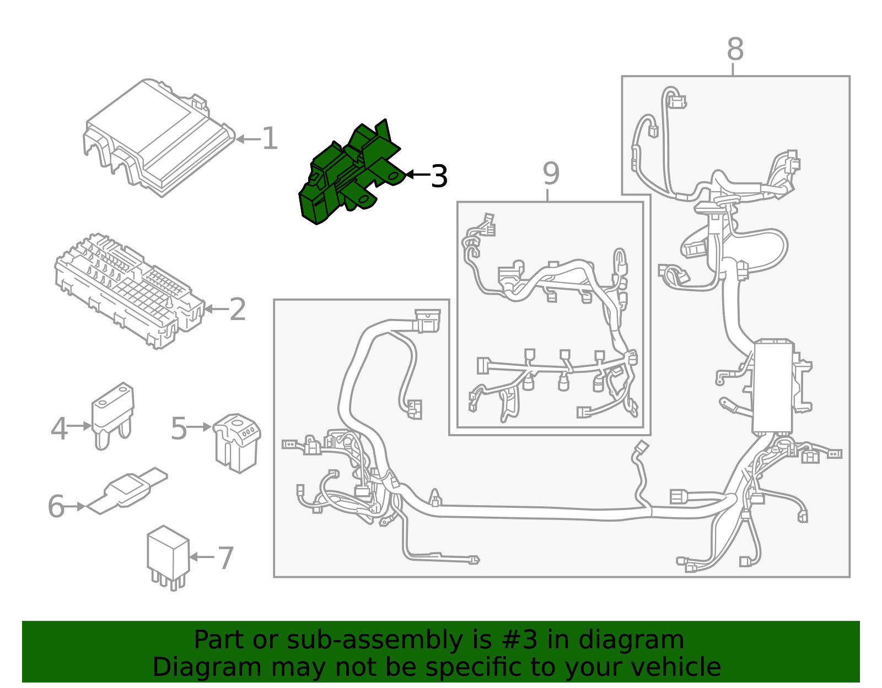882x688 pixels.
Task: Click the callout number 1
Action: (x=269, y=139)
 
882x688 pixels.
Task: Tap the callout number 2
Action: (x=238, y=310)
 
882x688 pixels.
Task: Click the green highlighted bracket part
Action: (x=347, y=174)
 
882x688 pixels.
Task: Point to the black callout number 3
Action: (x=439, y=176)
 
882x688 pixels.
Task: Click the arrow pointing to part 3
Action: (x=417, y=175)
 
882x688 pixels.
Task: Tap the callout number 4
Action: (x=58, y=429)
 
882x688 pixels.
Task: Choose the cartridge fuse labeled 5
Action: (x=237, y=443)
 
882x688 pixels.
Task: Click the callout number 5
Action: (x=179, y=429)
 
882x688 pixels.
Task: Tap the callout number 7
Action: (x=226, y=559)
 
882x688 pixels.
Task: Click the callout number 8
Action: (x=735, y=50)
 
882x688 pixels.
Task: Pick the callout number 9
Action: (x=551, y=174)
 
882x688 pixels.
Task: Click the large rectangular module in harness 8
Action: (x=773, y=386)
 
